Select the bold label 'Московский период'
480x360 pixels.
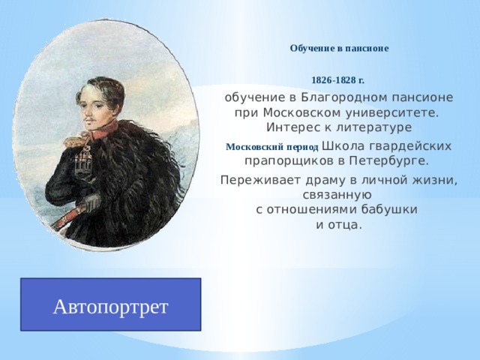point(271,146)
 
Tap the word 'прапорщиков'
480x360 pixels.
point(288,160)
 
